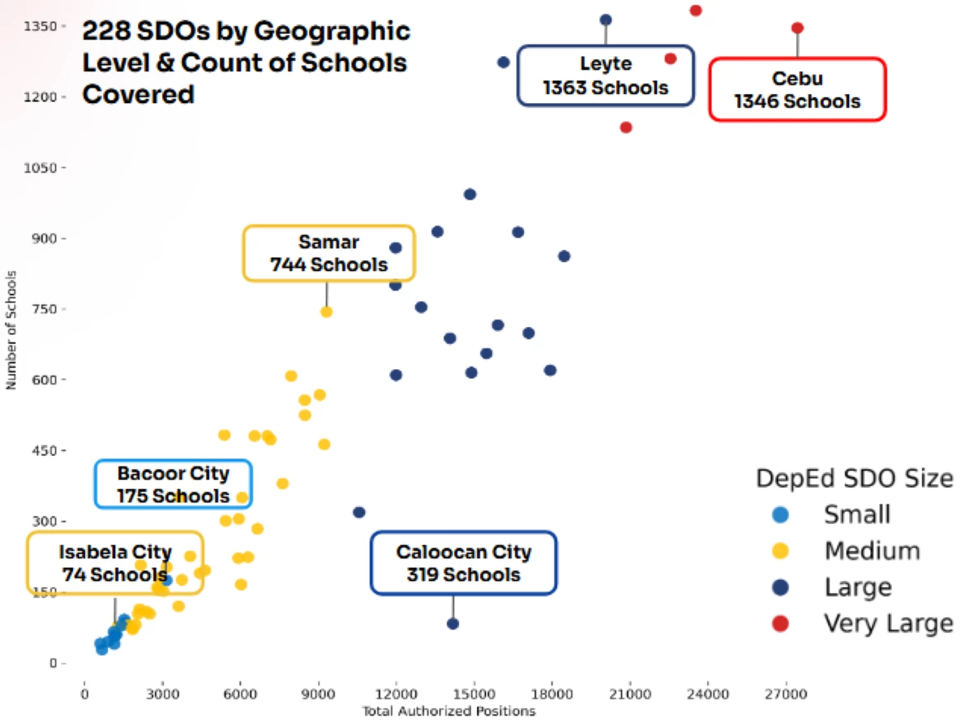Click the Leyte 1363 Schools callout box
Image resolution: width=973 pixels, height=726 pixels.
pyautogui.click(x=606, y=75)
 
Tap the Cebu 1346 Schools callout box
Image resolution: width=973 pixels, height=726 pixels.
pyautogui.click(x=798, y=89)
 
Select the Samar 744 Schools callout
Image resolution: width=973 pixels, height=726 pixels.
pyautogui.click(x=328, y=253)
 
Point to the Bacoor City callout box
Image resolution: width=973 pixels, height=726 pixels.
pyautogui.click(x=173, y=484)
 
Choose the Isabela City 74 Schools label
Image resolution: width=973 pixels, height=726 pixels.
pyautogui.click(x=114, y=563)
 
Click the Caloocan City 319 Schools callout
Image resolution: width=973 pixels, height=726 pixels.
pyautogui.click(x=464, y=563)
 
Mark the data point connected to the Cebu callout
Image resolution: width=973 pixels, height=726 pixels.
pyautogui.click(x=797, y=28)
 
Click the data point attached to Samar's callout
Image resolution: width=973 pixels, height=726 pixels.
pyautogui.click(x=327, y=311)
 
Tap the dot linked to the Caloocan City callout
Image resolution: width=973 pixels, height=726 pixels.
pyautogui.click(x=452, y=624)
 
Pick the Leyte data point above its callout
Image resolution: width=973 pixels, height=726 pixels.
pyautogui.click(x=606, y=20)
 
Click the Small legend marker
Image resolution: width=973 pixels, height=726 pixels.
pyautogui.click(x=780, y=514)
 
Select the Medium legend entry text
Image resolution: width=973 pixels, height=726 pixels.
pyautogui.click(x=872, y=552)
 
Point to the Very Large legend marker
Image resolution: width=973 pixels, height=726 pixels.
pyautogui.click(x=780, y=624)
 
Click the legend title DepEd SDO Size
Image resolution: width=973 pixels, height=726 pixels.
pyautogui.click(x=855, y=479)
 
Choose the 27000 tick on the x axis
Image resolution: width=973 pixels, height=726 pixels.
pyautogui.click(x=787, y=695)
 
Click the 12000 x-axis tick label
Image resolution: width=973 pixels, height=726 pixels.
pyautogui.click(x=396, y=695)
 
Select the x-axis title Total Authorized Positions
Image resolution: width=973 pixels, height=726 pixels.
pyautogui.click(x=448, y=711)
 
